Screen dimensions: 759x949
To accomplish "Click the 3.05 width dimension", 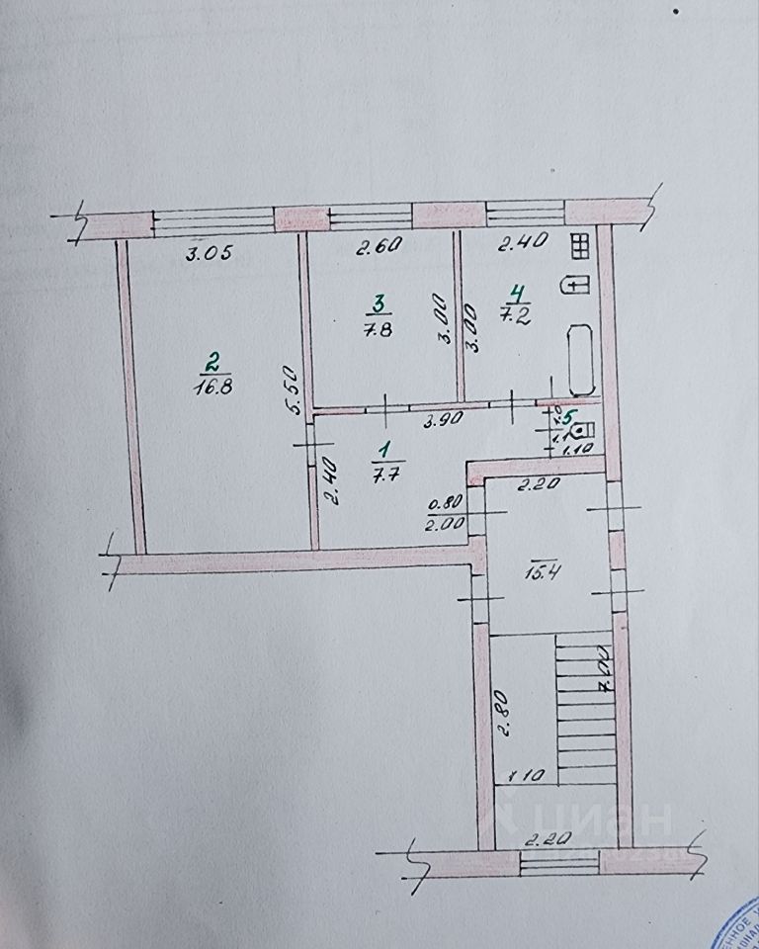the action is (209, 253).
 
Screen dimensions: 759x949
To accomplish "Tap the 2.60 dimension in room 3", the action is (378, 249).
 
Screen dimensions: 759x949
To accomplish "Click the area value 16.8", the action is (213, 388).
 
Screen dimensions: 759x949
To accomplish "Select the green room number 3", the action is (377, 302).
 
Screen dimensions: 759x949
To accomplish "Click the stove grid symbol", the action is (580, 246).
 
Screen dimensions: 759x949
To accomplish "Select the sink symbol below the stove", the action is (575, 285).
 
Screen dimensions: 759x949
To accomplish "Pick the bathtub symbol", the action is (578, 361).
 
